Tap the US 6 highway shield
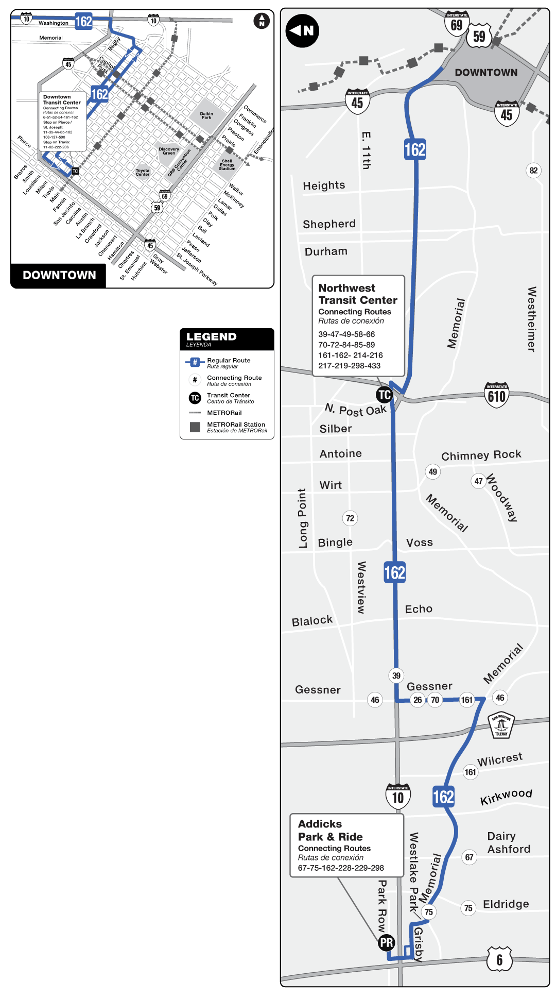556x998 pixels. pyautogui.click(x=499, y=959)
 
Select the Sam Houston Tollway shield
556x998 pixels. pyautogui.click(x=501, y=725)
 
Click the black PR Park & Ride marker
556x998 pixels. pyautogui.click(x=387, y=942)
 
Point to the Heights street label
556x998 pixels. pyautogui.click(x=324, y=185)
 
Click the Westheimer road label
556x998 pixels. pyautogui.click(x=532, y=319)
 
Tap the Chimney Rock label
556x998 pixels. pyautogui.click(x=481, y=455)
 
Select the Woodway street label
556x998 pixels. pyautogui.click(x=502, y=498)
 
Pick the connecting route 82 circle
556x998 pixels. pyautogui.click(x=533, y=171)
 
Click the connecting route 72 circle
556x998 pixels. pyautogui.click(x=350, y=518)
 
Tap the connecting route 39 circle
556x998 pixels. pyautogui.click(x=396, y=675)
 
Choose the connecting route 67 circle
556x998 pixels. pyautogui.click(x=469, y=857)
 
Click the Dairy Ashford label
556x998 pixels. pyautogui.click(x=508, y=842)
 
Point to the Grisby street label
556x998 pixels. pyautogui.click(x=419, y=944)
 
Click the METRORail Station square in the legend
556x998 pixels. pyautogui.click(x=195, y=427)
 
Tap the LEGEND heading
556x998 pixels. pyautogui.click(x=211, y=336)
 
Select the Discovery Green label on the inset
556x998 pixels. pyautogui.click(x=169, y=151)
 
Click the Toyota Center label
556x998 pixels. pyautogui.click(x=143, y=172)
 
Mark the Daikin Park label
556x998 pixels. pyautogui.click(x=206, y=115)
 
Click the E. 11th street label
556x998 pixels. pyautogui.click(x=366, y=150)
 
